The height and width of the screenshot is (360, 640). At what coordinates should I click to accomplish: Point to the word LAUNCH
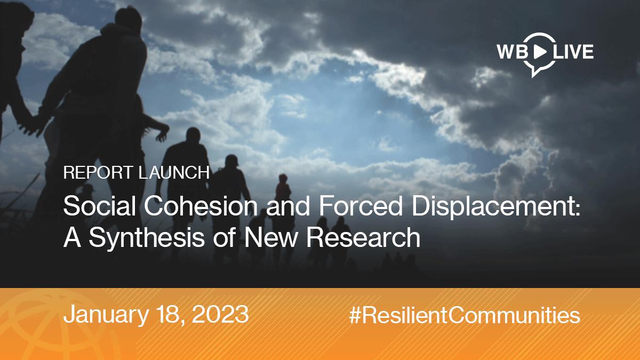[x=174, y=172]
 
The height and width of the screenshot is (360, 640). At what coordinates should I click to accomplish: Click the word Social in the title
[x=99, y=206]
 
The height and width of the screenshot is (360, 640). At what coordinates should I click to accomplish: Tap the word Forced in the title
[x=361, y=206]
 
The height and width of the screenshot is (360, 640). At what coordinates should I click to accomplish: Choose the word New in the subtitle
[x=270, y=237]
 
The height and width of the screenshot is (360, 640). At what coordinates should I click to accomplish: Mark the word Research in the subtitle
[x=363, y=237]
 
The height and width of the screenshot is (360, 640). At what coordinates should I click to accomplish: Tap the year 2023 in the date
[x=220, y=314]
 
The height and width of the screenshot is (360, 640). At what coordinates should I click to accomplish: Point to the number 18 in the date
[x=171, y=314]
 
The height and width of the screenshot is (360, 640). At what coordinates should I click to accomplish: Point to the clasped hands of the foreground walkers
[x=34, y=123]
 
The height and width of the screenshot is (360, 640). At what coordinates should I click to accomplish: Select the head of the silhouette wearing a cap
[x=231, y=161]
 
